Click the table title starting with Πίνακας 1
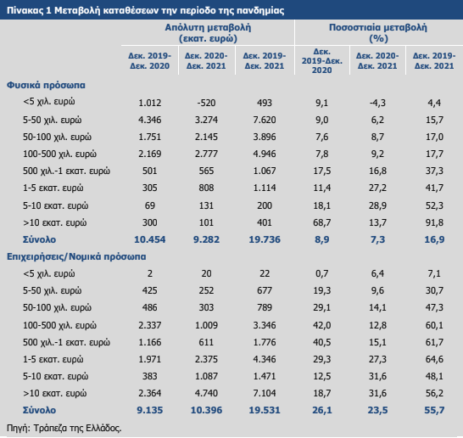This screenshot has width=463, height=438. [145, 11]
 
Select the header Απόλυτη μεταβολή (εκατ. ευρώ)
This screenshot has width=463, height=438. [208, 33]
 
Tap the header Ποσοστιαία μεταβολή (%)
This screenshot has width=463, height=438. [378, 33]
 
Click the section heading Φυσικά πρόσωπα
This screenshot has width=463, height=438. [46, 85]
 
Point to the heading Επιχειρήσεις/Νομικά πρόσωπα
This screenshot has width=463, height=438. [76, 256]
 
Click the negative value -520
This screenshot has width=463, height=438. [206, 103]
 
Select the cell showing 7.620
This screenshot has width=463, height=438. [265, 120]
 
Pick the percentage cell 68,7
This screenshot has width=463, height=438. [322, 222]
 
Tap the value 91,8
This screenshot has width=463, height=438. [434, 222]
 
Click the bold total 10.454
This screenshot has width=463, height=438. [150, 239]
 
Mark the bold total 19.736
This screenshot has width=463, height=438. [265, 239]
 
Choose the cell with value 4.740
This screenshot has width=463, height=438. [206, 393]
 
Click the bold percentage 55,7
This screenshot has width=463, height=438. [434, 410]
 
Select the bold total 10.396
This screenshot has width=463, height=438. [206, 410]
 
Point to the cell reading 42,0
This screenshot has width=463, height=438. [322, 325]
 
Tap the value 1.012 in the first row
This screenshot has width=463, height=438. [150, 103]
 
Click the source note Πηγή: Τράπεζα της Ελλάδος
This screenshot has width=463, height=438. [64, 429]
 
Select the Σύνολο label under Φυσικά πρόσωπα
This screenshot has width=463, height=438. [39, 239]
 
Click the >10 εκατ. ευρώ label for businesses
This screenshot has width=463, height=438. [54, 393]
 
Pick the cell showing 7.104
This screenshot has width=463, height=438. [265, 393]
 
